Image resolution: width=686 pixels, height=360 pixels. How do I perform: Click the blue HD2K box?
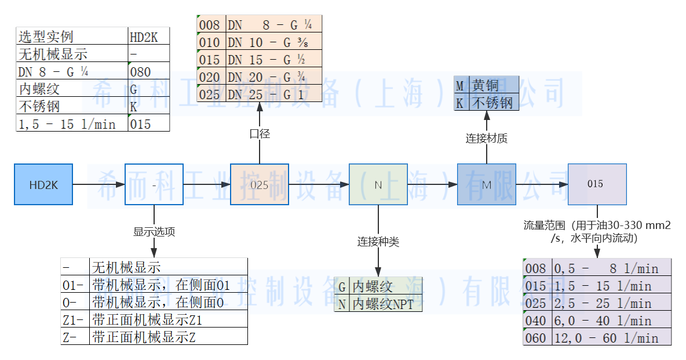tap(43, 184)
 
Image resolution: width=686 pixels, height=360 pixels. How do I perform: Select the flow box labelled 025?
tap(259, 184)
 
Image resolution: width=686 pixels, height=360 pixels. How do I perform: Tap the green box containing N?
tap(378, 184)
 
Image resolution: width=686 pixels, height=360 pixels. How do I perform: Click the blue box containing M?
tap(486, 184)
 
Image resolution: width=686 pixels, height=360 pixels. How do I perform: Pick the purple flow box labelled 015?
tap(597, 184)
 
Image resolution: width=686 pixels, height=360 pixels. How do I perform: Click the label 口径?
tap(260, 134)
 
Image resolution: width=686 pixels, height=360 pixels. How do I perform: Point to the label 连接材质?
tap(487, 139)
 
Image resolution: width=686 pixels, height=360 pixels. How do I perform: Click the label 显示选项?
tap(154, 232)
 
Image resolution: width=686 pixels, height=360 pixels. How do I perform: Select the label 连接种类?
tap(378, 241)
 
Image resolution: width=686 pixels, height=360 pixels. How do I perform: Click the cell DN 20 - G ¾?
tap(273, 77)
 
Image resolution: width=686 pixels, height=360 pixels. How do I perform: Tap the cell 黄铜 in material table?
tap(492, 85)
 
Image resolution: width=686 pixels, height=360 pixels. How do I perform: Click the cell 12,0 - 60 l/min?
tap(612, 337)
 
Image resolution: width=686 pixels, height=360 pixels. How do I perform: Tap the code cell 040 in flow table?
tap(537, 320)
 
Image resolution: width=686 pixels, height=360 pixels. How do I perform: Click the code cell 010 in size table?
tap(210, 42)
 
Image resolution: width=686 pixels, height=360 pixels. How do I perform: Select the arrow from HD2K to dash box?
tap(99, 184)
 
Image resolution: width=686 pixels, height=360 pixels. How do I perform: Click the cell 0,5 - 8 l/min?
tap(612, 268)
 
